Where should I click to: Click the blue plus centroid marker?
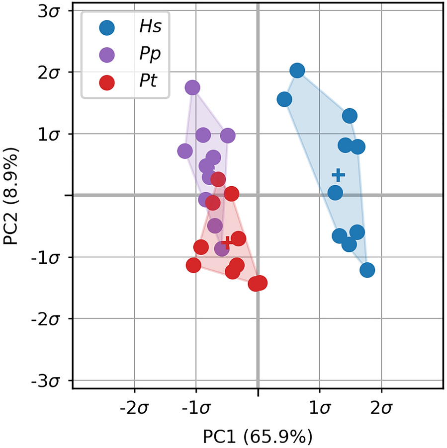click(x=339, y=175)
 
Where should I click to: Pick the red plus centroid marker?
click(x=227, y=242)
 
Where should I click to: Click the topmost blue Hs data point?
click(x=297, y=71)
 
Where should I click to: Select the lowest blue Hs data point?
click(x=367, y=270)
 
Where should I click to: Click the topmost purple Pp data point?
click(x=192, y=88)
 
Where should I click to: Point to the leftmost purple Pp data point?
click(x=185, y=151)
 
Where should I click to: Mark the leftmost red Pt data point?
click(x=193, y=266)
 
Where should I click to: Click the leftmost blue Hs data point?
click(x=284, y=99)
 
